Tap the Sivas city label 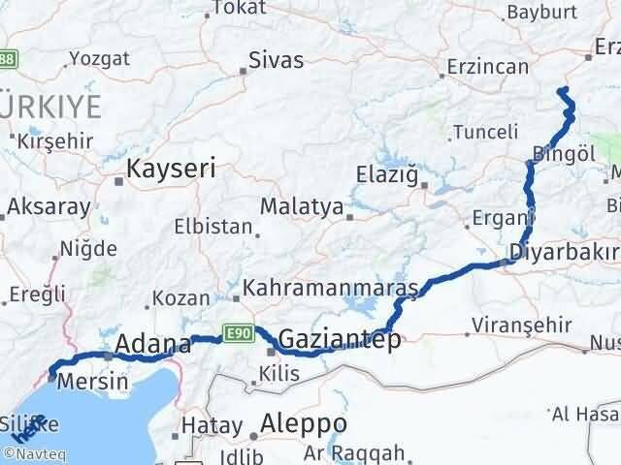(x=276, y=60)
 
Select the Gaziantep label (x=339, y=339)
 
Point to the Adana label (x=153, y=343)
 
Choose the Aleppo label (x=304, y=424)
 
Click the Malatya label (x=302, y=206)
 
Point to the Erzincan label (x=488, y=68)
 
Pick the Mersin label (x=92, y=381)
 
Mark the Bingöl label (x=564, y=153)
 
